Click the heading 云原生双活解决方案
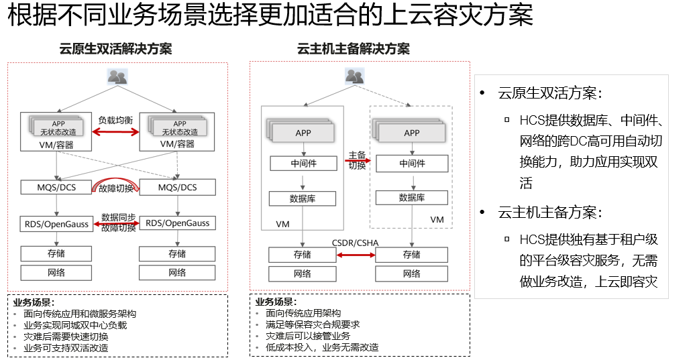pyautogui.click(x=115, y=49)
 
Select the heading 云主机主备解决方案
pyautogui.click(x=354, y=49)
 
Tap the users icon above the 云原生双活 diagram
pyautogui.click(x=117, y=76)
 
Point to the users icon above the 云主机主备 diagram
pyautogui.click(x=355, y=76)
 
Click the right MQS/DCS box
pyautogui.click(x=178, y=187)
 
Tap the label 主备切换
pyautogui.click(x=356, y=160)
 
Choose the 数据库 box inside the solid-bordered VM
pyautogui.click(x=302, y=198)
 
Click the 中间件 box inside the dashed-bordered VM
pyautogui.click(x=412, y=163)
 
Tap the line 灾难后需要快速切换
pyautogui.click(x=66, y=337)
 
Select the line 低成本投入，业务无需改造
pyautogui.click(x=322, y=347)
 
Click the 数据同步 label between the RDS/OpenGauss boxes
pyautogui.click(x=119, y=217)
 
